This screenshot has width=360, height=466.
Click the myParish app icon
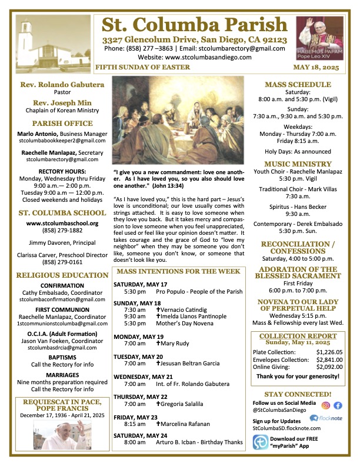260,442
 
